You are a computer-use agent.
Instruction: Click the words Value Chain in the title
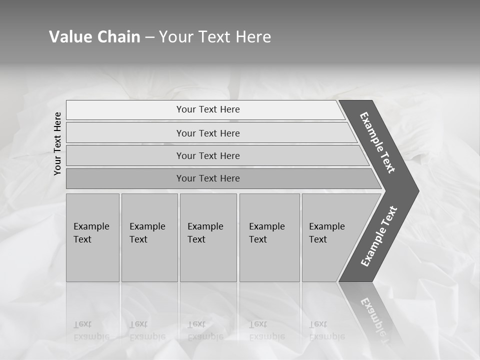click(94, 37)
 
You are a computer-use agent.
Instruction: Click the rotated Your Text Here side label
click(57, 143)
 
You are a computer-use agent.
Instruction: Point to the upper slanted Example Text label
click(377, 142)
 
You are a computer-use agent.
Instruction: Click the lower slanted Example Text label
click(379, 236)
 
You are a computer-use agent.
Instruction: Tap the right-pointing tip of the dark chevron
click(414, 190)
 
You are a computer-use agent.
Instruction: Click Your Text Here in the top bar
click(208, 109)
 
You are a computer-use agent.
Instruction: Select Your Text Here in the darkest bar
click(208, 178)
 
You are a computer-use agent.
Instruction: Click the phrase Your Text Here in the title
click(215, 37)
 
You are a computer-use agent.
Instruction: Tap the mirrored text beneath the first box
click(91, 330)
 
